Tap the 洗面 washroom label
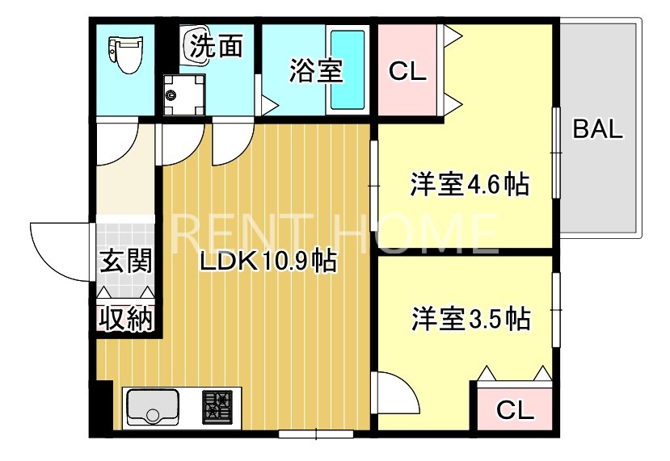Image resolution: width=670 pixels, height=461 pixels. (217, 46)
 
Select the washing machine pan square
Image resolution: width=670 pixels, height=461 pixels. (180, 96)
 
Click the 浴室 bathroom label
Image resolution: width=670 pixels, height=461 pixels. (317, 71)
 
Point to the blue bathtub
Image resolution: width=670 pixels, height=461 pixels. (348, 71)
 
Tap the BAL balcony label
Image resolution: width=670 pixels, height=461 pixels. (598, 130)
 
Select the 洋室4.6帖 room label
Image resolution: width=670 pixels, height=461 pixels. (470, 185)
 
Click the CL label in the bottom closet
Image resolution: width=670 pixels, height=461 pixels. (515, 411)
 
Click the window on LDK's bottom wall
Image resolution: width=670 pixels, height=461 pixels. (317, 434)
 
